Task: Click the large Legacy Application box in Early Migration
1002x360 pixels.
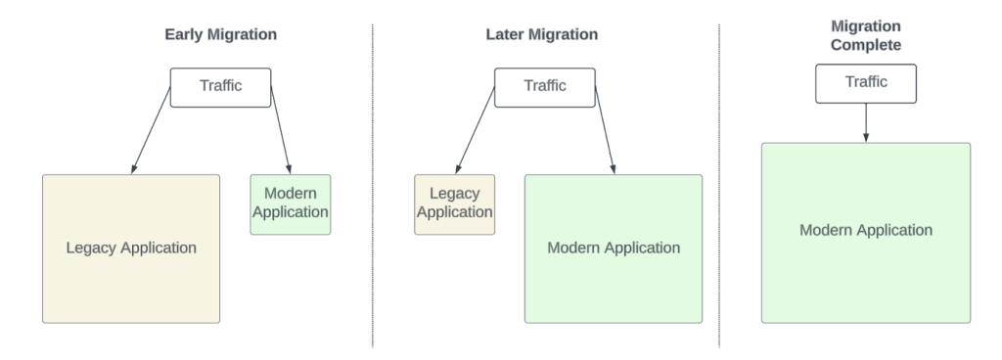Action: pyautogui.click(x=131, y=247)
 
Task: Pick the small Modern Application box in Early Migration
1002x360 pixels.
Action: pyautogui.click(x=291, y=204)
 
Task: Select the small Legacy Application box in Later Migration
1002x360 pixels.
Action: pyautogui.click(x=455, y=204)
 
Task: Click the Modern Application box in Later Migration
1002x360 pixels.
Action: pyautogui.click(x=614, y=247)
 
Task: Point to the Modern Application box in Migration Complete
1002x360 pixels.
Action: pyautogui.click(x=866, y=232)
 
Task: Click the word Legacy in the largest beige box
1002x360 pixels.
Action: pyautogui.click(x=91, y=247)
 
